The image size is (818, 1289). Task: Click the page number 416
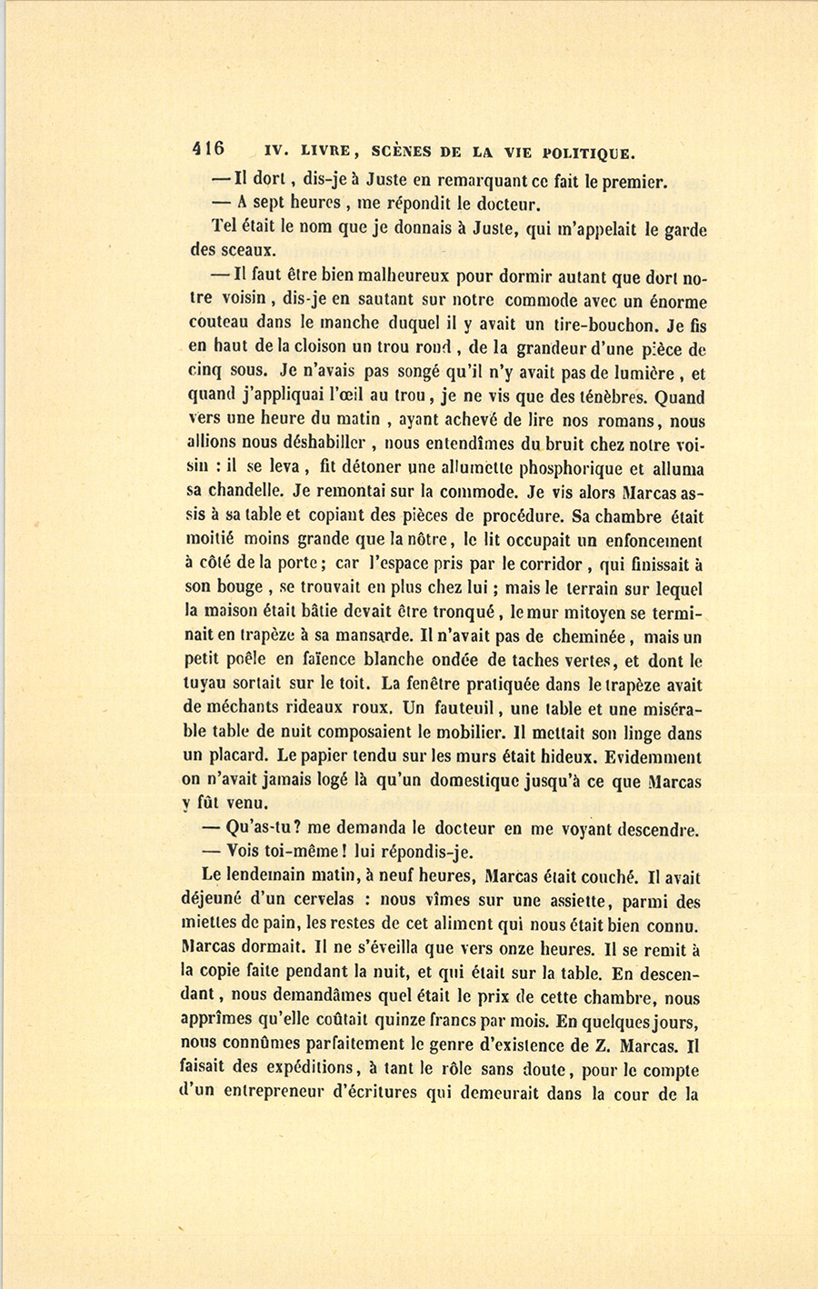pyautogui.click(x=208, y=149)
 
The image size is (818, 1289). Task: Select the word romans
pyautogui.click(x=633, y=421)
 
